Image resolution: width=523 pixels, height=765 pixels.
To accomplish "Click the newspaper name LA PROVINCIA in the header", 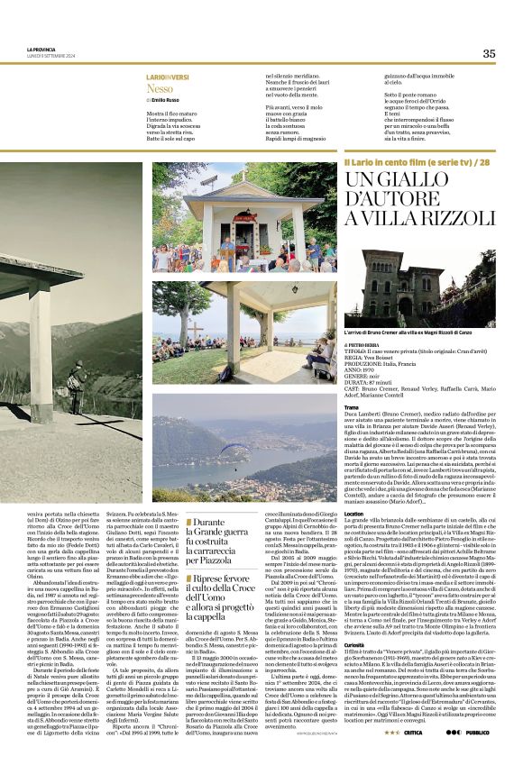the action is click(41, 49).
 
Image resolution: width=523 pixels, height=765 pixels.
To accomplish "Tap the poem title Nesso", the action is click(159, 89).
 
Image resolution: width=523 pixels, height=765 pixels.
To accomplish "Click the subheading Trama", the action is click(351, 407).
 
